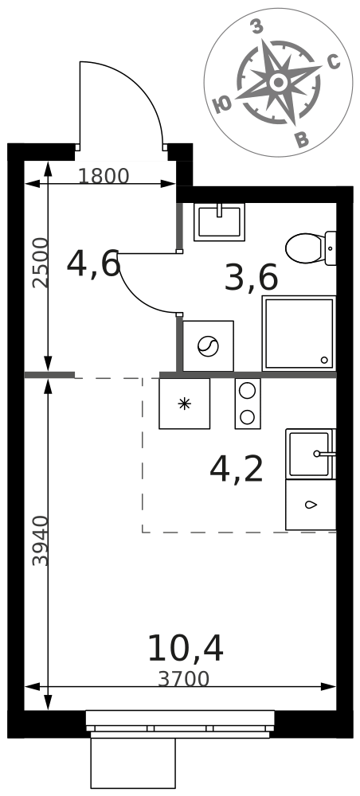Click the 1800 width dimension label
coord(104,176)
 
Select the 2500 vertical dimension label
coord(41,263)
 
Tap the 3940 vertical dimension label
coord(41,540)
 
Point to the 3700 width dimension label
coord(183,679)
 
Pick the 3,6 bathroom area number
coord(252,278)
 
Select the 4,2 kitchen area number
coord(237,470)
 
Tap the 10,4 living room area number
coord(186,649)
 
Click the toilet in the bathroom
coord(311,248)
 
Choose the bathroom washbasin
coord(219,222)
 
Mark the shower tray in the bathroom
coord(299,334)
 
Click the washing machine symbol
coord(208,346)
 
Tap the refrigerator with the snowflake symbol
coord(184,404)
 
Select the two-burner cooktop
coord(247,404)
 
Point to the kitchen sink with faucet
coord(311,454)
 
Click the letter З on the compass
coord(257,28)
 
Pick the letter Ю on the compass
coord(222,105)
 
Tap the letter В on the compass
coord(302,139)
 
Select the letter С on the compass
coord(333,61)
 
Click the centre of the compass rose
coord(278,82)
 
